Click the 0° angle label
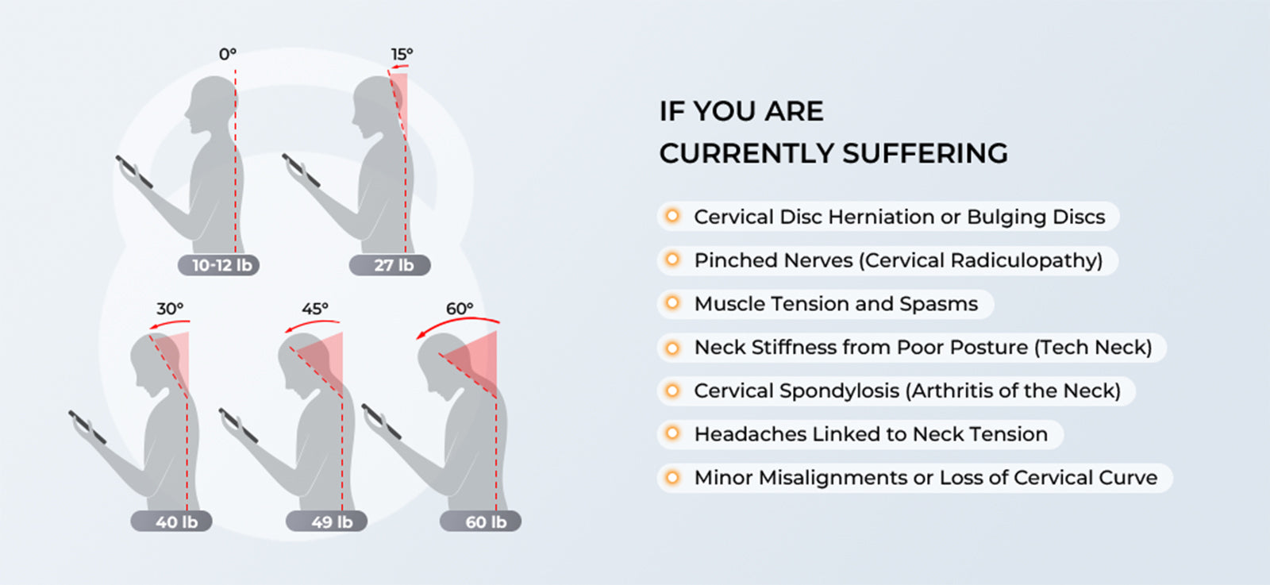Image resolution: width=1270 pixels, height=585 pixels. pyautogui.click(x=227, y=54)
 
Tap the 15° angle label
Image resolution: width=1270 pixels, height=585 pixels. pyautogui.click(x=402, y=54)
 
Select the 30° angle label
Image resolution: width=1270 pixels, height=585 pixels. pyautogui.click(x=170, y=308)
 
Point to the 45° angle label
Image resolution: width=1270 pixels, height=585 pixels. pyautogui.click(x=314, y=308)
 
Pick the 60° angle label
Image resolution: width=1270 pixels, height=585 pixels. pyautogui.click(x=460, y=308)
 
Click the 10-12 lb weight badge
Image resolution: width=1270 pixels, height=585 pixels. pyautogui.click(x=218, y=265)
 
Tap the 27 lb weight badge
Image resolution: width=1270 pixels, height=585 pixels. pyautogui.click(x=390, y=265)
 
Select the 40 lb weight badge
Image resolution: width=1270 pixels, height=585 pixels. pyautogui.click(x=171, y=521)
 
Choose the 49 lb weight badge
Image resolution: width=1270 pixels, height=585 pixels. pyautogui.click(x=326, y=521)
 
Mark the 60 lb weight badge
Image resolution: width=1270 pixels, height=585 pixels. pyautogui.click(x=480, y=521)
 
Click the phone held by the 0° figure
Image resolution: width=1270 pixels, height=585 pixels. pyautogui.click(x=134, y=171)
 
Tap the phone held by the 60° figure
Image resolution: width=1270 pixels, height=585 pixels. pyautogui.click(x=381, y=421)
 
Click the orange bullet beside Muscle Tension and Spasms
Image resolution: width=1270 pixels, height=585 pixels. pyautogui.click(x=672, y=303)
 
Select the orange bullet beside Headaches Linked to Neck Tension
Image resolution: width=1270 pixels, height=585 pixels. pyautogui.click(x=672, y=433)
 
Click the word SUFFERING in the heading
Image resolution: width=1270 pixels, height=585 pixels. pyautogui.click(x=926, y=153)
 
